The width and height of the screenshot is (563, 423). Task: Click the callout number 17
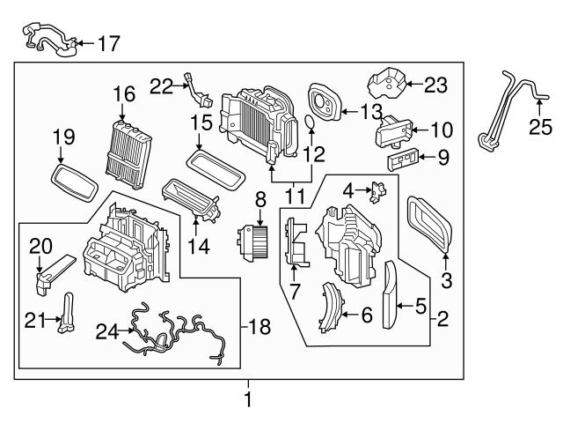pyautogui.click(x=107, y=41)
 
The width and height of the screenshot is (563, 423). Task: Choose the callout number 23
pyautogui.click(x=436, y=85)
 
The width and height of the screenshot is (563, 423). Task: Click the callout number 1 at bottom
pyautogui.click(x=247, y=399)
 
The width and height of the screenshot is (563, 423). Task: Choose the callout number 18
pyautogui.click(x=260, y=327)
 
